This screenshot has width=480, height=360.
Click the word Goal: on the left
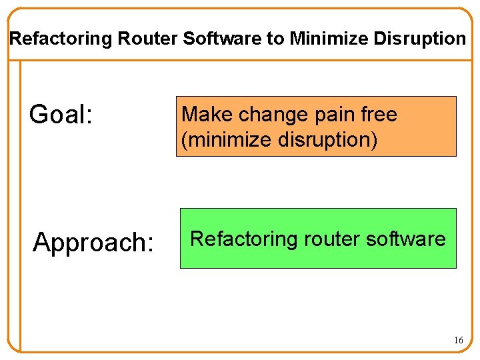[60, 115]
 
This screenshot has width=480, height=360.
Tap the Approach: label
[93, 243]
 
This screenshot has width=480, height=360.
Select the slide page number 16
[458, 340]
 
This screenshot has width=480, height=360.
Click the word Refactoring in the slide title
[61, 39]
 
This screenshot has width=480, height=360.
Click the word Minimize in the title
[329, 39]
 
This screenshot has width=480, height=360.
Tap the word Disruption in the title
[420, 39]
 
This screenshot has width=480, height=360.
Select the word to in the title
[275, 39]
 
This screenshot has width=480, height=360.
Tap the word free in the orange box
[379, 115]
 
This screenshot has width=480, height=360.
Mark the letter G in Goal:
[37, 115]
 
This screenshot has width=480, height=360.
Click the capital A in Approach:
[42, 243]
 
